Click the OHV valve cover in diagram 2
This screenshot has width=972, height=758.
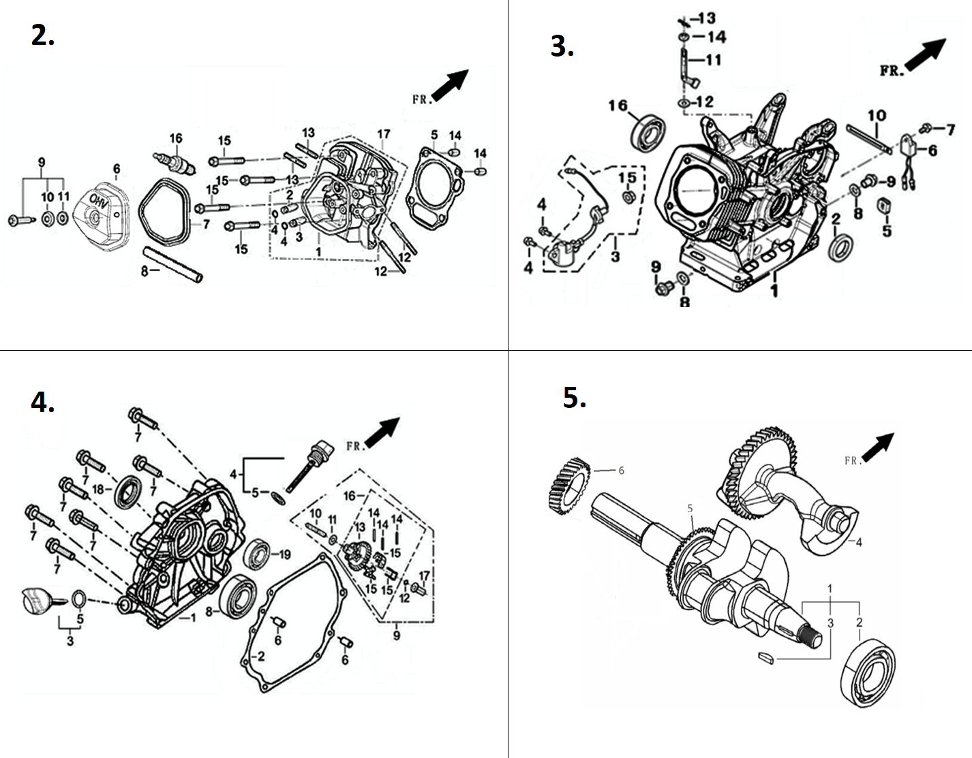click(x=102, y=217)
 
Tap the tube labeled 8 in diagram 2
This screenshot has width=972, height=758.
click(x=172, y=264)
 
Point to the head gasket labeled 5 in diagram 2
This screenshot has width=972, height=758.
click(x=434, y=189)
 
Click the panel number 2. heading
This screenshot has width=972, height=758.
click(x=43, y=35)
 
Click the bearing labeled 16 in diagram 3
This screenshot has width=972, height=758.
click(x=648, y=132)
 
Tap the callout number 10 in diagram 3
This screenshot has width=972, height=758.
click(x=877, y=116)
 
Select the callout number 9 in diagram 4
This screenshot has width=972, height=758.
click(x=397, y=635)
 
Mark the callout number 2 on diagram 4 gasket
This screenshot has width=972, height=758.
click(x=261, y=656)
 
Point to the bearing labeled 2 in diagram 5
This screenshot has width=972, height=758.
click(x=868, y=673)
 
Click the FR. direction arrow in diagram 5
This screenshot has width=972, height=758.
click(x=878, y=447)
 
